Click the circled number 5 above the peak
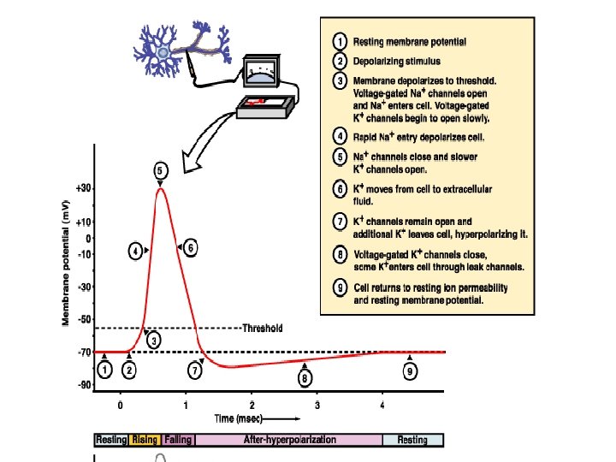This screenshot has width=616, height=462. click(x=160, y=171)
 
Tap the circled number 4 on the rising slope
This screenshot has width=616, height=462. click(x=136, y=251)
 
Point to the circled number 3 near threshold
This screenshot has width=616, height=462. click(x=154, y=341)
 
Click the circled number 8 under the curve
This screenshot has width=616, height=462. click(x=305, y=376)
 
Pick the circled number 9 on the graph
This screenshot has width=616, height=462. click(x=411, y=371)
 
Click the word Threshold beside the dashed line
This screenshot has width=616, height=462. click(x=263, y=328)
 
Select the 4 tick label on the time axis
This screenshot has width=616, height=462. click(x=382, y=405)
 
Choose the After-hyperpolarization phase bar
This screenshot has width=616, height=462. click(x=288, y=440)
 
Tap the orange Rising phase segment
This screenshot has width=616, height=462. click(x=145, y=440)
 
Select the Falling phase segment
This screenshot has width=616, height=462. click(x=178, y=440)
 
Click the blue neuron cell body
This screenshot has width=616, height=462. click(x=163, y=53)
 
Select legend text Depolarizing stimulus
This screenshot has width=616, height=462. click(x=395, y=62)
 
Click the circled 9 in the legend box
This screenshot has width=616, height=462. click(x=340, y=289)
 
